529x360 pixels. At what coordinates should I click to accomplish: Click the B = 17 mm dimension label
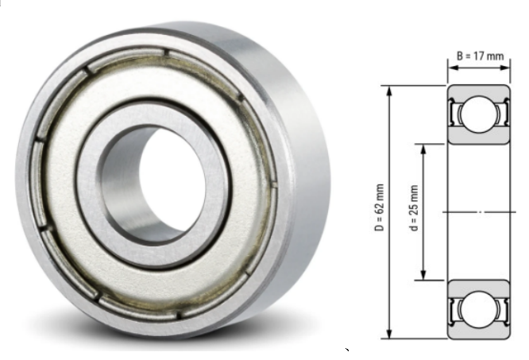(480, 56)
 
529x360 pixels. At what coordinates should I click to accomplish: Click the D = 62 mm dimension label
(380, 207)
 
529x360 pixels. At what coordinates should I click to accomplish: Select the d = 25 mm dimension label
(414, 208)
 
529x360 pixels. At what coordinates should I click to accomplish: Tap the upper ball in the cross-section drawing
(478, 114)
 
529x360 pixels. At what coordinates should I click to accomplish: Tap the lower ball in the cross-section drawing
(478, 309)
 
